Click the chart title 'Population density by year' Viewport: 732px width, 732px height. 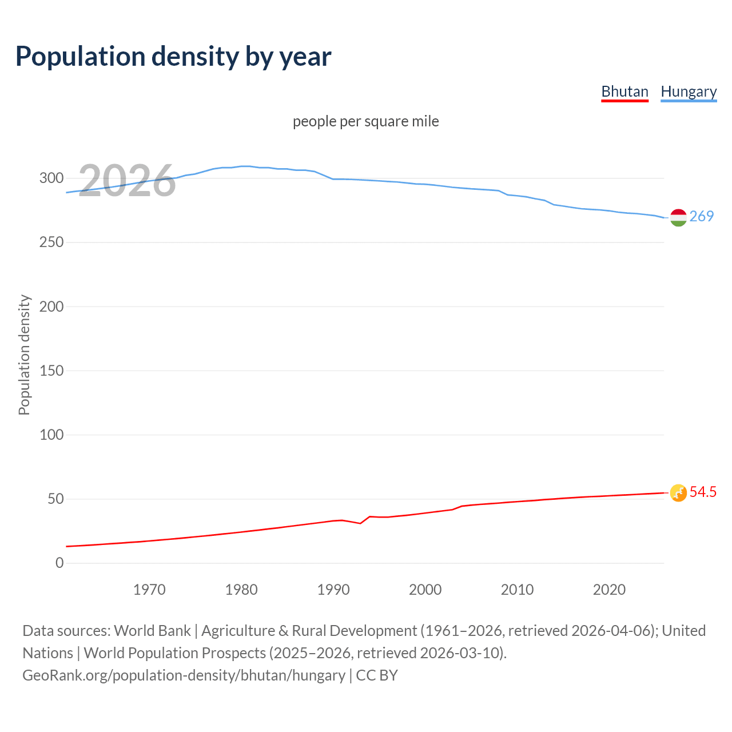coord(173,57)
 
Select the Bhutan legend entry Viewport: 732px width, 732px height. coord(624,91)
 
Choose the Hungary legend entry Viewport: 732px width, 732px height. coord(689,91)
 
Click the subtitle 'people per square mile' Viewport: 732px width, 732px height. coord(366,121)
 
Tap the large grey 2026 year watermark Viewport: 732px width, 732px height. coord(127,181)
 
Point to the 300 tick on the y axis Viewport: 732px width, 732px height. coord(51,178)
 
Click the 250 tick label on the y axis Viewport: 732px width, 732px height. coord(51,242)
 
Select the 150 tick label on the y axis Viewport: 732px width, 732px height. coord(51,371)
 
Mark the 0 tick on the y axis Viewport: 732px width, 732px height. coord(59,563)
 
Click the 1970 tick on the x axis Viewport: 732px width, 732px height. coord(149,590)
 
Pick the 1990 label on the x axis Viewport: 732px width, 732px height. coord(333,590)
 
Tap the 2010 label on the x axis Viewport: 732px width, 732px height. coord(517,590)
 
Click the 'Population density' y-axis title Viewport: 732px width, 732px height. coord(24,355)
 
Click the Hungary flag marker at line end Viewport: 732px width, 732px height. coord(678,217)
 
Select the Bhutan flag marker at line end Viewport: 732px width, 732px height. coord(678,493)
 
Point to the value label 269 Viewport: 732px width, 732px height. coord(702,216)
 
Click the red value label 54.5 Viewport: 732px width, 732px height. coord(703,492)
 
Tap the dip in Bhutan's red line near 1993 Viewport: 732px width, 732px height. coord(360,523)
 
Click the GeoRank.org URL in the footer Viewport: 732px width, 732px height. coord(184,675)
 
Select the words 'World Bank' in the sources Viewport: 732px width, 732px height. coord(152,631)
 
